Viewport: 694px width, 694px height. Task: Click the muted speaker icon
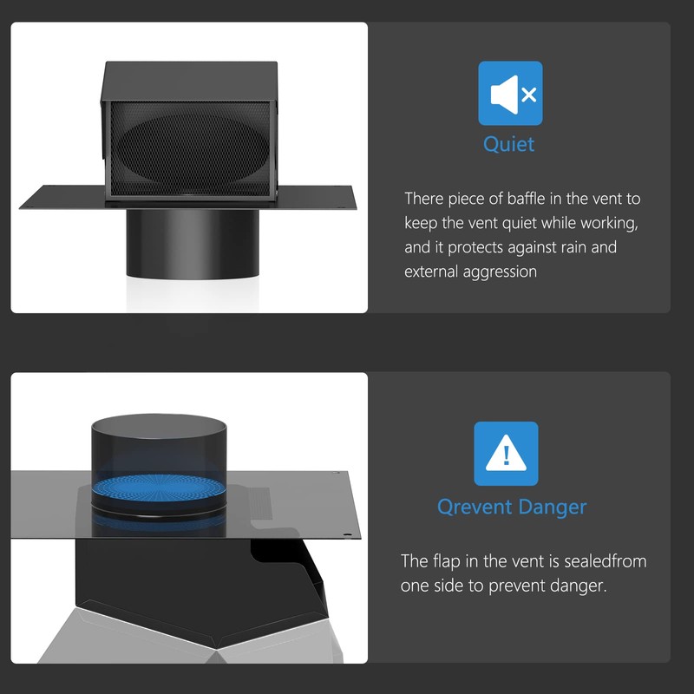[x=510, y=94]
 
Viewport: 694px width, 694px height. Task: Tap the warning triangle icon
[x=506, y=453]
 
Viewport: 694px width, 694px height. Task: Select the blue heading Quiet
[x=508, y=144]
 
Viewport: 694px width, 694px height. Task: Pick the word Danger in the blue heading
[x=553, y=507]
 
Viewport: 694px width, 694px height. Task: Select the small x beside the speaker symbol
[x=529, y=95]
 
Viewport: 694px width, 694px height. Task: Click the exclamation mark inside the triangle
[x=507, y=455]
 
